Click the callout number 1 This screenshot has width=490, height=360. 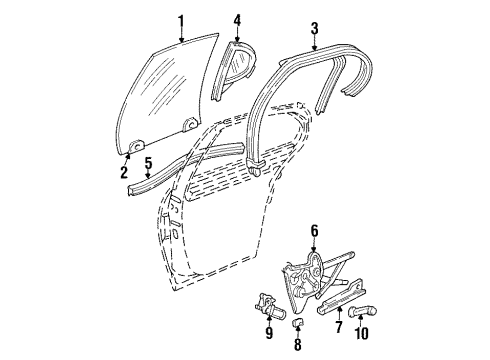point(181,19)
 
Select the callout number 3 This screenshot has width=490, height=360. point(314,28)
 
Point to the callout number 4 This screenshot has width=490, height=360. point(237,20)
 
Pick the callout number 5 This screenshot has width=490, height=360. point(147,162)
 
